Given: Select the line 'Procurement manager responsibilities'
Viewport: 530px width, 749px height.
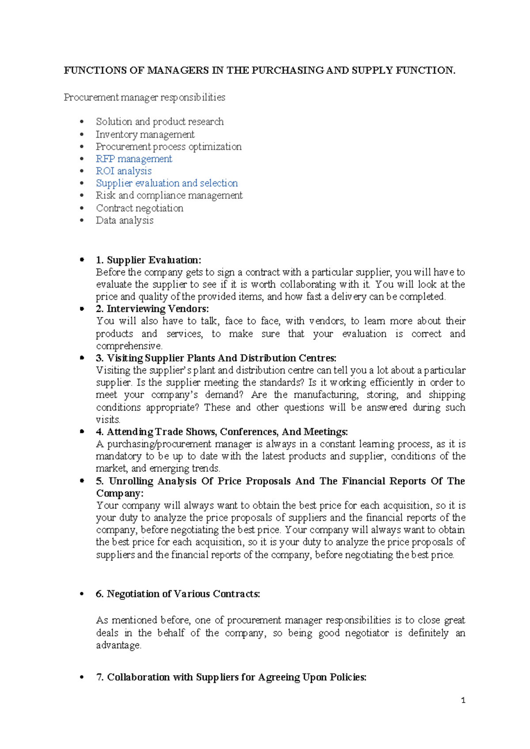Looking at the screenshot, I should [x=144, y=97].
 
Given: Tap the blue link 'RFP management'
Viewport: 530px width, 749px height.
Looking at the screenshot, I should [x=134, y=159].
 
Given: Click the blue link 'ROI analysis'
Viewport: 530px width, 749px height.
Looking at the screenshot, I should [x=124, y=171].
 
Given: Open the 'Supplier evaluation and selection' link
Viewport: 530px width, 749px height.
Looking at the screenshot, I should [x=167, y=183].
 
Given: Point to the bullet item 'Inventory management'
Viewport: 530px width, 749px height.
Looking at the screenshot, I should [x=145, y=134].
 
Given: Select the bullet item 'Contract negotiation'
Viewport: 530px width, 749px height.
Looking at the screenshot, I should [x=140, y=208].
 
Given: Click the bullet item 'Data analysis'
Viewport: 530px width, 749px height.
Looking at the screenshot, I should [x=125, y=220].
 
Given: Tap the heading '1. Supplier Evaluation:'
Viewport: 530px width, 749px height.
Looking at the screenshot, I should [x=148, y=260].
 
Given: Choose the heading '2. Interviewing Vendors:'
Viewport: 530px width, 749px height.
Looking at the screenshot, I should [x=152, y=309].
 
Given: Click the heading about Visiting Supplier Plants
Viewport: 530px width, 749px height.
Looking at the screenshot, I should [x=216, y=358].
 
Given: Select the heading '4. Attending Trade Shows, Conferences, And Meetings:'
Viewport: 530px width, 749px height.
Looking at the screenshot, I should [x=222, y=432].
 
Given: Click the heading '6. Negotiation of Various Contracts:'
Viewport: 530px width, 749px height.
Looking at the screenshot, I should [x=178, y=594].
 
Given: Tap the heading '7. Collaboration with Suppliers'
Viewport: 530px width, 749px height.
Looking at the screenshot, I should [x=231, y=677].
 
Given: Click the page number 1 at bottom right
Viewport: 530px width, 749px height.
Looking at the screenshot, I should [x=463, y=700].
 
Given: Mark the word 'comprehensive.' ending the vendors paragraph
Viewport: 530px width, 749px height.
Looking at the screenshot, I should [x=129, y=346].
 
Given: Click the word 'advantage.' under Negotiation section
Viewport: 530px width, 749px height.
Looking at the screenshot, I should [x=118, y=645].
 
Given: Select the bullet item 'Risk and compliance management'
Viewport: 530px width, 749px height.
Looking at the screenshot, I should [x=169, y=196].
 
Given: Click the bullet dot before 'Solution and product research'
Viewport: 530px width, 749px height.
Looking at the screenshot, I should [x=81, y=122].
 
